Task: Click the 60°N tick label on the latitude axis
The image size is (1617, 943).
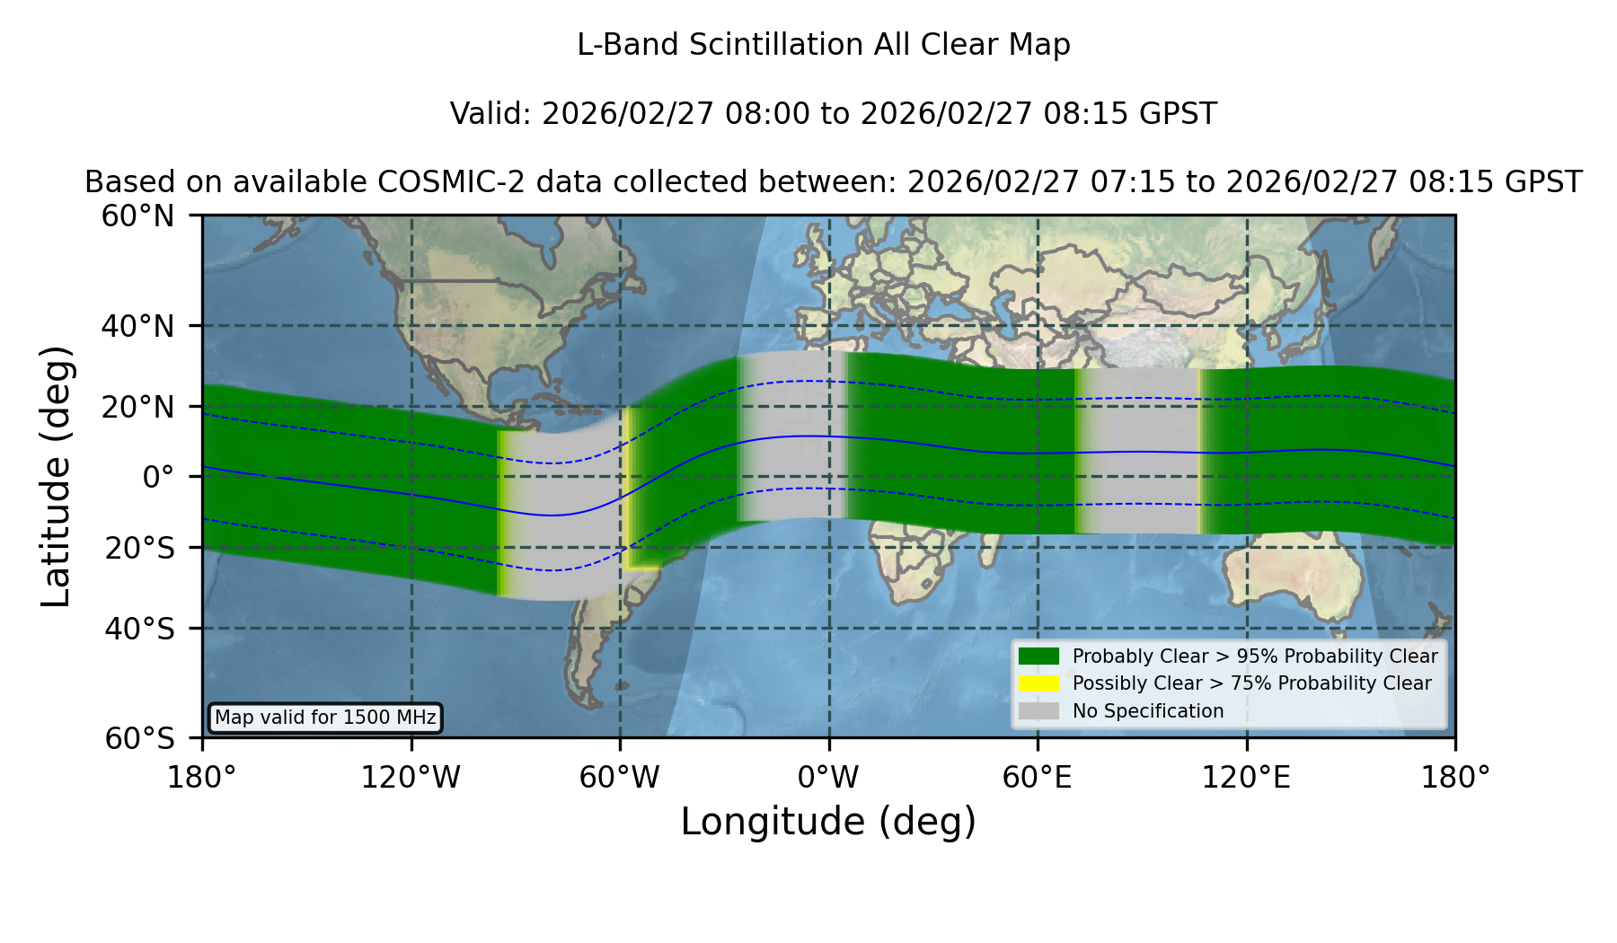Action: [x=137, y=216]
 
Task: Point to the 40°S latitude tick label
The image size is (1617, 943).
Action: [x=139, y=629]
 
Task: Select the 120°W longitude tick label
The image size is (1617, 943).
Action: [x=411, y=777]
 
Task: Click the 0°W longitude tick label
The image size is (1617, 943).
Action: [x=828, y=777]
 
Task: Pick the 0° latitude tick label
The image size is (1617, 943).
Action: [x=158, y=477]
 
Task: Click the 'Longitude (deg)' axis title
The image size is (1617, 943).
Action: [x=828, y=822]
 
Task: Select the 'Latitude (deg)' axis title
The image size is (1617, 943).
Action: [x=56, y=476]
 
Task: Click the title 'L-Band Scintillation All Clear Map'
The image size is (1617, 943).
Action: [x=824, y=45]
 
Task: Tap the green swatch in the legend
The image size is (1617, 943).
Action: [x=1038, y=656]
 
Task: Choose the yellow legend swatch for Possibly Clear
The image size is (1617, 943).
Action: [x=1038, y=683]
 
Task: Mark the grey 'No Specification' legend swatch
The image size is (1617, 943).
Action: [x=1038, y=711]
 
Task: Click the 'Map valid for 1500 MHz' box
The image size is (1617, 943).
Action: [x=325, y=718]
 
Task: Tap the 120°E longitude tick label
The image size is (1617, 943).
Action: [x=1246, y=777]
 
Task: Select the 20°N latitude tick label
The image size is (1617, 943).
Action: [x=137, y=408]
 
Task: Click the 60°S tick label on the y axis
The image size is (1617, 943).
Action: [x=139, y=738]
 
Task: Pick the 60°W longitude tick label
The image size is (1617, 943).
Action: [x=619, y=777]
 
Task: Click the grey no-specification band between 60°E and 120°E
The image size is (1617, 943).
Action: [x=1138, y=451]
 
